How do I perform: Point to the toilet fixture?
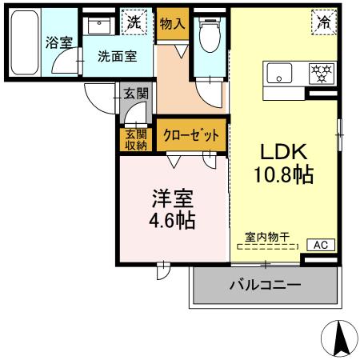tap(210, 34)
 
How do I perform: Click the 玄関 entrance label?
tap(135, 94)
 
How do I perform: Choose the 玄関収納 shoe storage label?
tap(135, 139)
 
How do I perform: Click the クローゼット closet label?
tap(192, 136)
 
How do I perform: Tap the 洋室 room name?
tap(171, 197)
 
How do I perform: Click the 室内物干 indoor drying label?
tap(267, 238)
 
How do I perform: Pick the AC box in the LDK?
tap(320, 245)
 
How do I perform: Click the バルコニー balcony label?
tap(265, 285)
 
